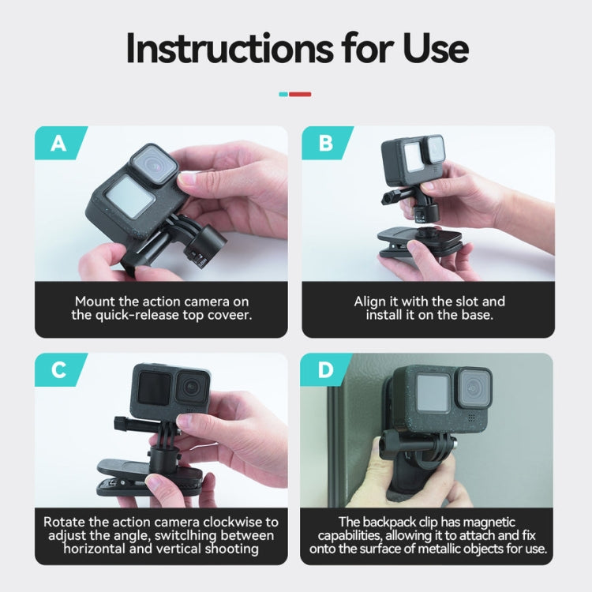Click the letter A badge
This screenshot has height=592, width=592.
pos(58,143)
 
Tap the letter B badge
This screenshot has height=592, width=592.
pos(324,143)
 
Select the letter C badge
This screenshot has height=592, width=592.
pos(58,369)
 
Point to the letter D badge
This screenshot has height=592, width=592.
pos(324,369)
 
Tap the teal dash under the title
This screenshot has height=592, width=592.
pos(284,94)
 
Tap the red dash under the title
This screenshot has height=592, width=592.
pos(301,94)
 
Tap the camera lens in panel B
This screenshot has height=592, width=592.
pos(434,148)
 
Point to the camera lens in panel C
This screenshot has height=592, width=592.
pos(190,386)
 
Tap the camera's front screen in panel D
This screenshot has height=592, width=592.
pos(433,392)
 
